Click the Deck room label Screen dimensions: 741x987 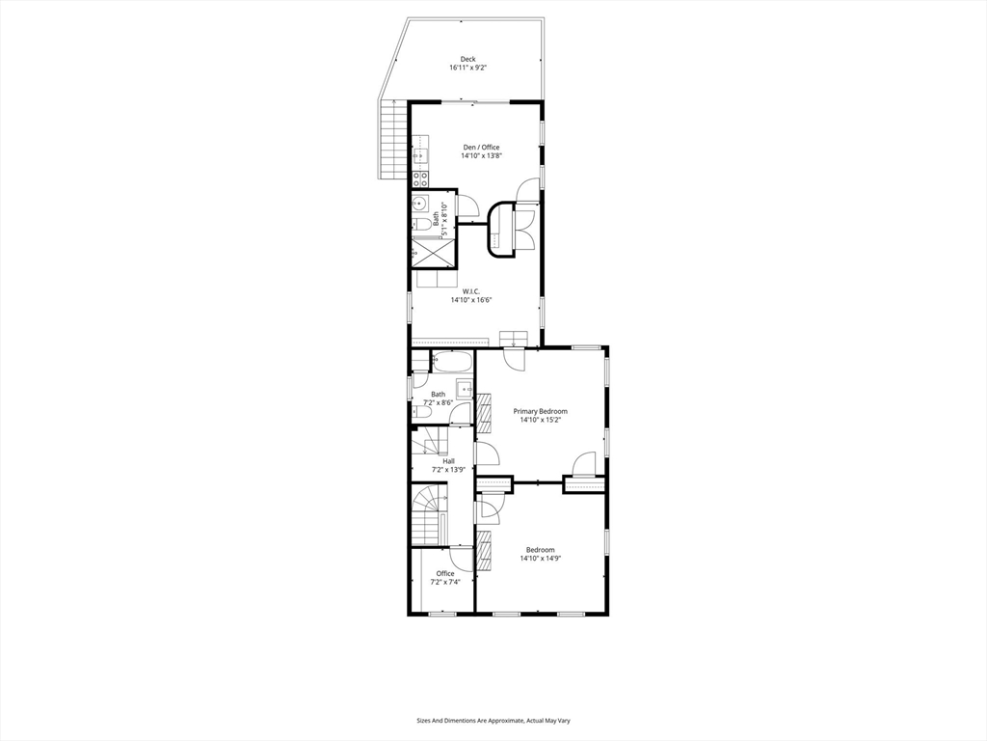click(x=467, y=60)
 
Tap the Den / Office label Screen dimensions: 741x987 click(x=480, y=148)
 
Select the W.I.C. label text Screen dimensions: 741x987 click(x=471, y=290)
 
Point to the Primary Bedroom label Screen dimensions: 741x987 click(x=540, y=411)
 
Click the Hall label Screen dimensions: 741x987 click(x=448, y=461)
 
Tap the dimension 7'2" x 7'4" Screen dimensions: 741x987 click(x=444, y=582)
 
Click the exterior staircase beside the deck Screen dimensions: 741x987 click(x=392, y=139)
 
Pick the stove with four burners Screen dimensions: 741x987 click(x=420, y=178)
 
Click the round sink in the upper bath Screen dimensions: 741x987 click(x=420, y=204)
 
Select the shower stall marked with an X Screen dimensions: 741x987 click(x=433, y=253)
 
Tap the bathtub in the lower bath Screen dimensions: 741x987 click(x=451, y=364)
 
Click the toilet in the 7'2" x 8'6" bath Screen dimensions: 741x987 click(x=421, y=412)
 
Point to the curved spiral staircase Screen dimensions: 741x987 click(x=429, y=513)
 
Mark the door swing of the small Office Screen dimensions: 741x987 click(x=460, y=558)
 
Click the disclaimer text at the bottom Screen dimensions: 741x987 click(x=493, y=721)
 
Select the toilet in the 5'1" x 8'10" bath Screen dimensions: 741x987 click(x=422, y=225)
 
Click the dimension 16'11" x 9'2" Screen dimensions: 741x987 click(x=467, y=69)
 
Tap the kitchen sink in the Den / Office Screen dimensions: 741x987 click(x=419, y=154)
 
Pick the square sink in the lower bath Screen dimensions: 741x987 click(x=464, y=390)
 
